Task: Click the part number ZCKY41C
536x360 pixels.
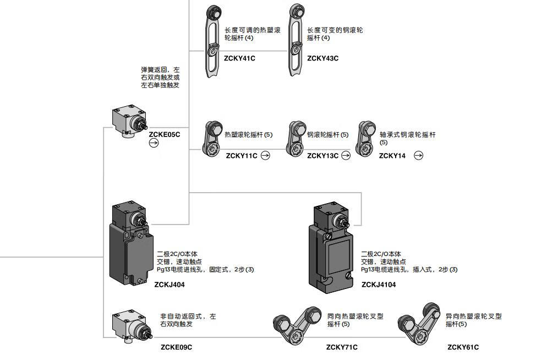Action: click(x=239, y=58)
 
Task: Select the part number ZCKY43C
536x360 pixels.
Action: click(x=322, y=58)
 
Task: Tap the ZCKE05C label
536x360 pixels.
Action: click(x=164, y=134)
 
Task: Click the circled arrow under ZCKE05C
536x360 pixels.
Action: click(x=154, y=143)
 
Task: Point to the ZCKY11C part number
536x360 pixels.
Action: click(x=242, y=156)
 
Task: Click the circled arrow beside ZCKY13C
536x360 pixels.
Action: click(x=346, y=156)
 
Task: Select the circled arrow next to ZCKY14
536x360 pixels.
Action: click(x=418, y=156)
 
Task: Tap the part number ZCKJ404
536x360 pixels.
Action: click(x=169, y=285)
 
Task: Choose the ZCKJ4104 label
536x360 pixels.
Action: click(x=379, y=285)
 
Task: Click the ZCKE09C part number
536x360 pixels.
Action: click(x=176, y=347)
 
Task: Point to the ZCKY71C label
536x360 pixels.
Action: click(x=342, y=347)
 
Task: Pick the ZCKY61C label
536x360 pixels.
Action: click(x=463, y=347)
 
